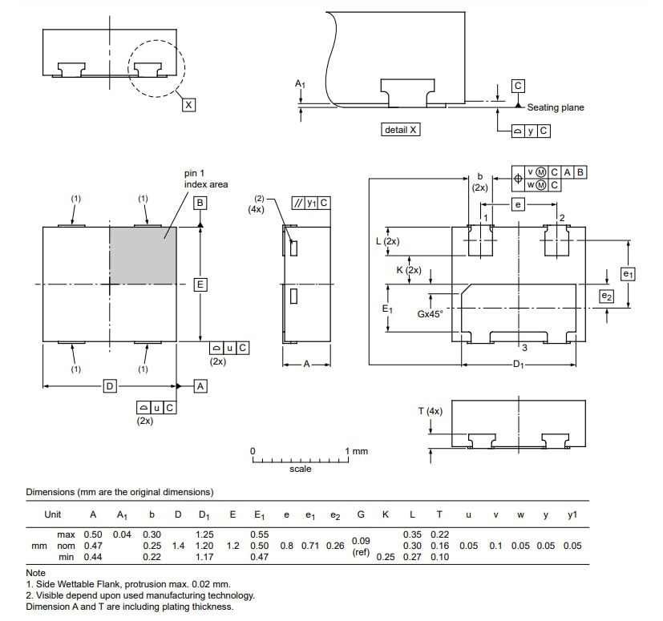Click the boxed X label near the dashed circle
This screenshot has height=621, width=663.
tap(188, 105)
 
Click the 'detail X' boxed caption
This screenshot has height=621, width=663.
tap(401, 130)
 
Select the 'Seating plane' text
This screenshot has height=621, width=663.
tap(556, 107)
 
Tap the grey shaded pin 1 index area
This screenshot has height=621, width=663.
tap(143, 255)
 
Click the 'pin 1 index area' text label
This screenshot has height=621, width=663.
tap(206, 179)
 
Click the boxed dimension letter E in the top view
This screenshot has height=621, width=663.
tap(200, 284)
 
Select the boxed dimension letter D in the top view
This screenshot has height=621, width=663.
tap(110, 387)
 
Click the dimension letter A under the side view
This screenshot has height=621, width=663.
tap(306, 364)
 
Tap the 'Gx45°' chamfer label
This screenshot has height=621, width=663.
tap(431, 314)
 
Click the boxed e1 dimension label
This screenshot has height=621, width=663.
tap(628, 274)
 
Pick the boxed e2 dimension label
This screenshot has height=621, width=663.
tap(607, 296)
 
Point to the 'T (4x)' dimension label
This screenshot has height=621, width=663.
tap(430, 411)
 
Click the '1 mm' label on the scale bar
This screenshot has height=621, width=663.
tap(357, 451)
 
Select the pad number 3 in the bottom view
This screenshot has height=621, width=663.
tap(524, 347)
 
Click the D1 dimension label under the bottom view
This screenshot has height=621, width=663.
tap(519, 365)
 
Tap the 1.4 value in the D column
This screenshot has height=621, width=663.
tap(178, 546)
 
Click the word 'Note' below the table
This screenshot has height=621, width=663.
tap(35, 573)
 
